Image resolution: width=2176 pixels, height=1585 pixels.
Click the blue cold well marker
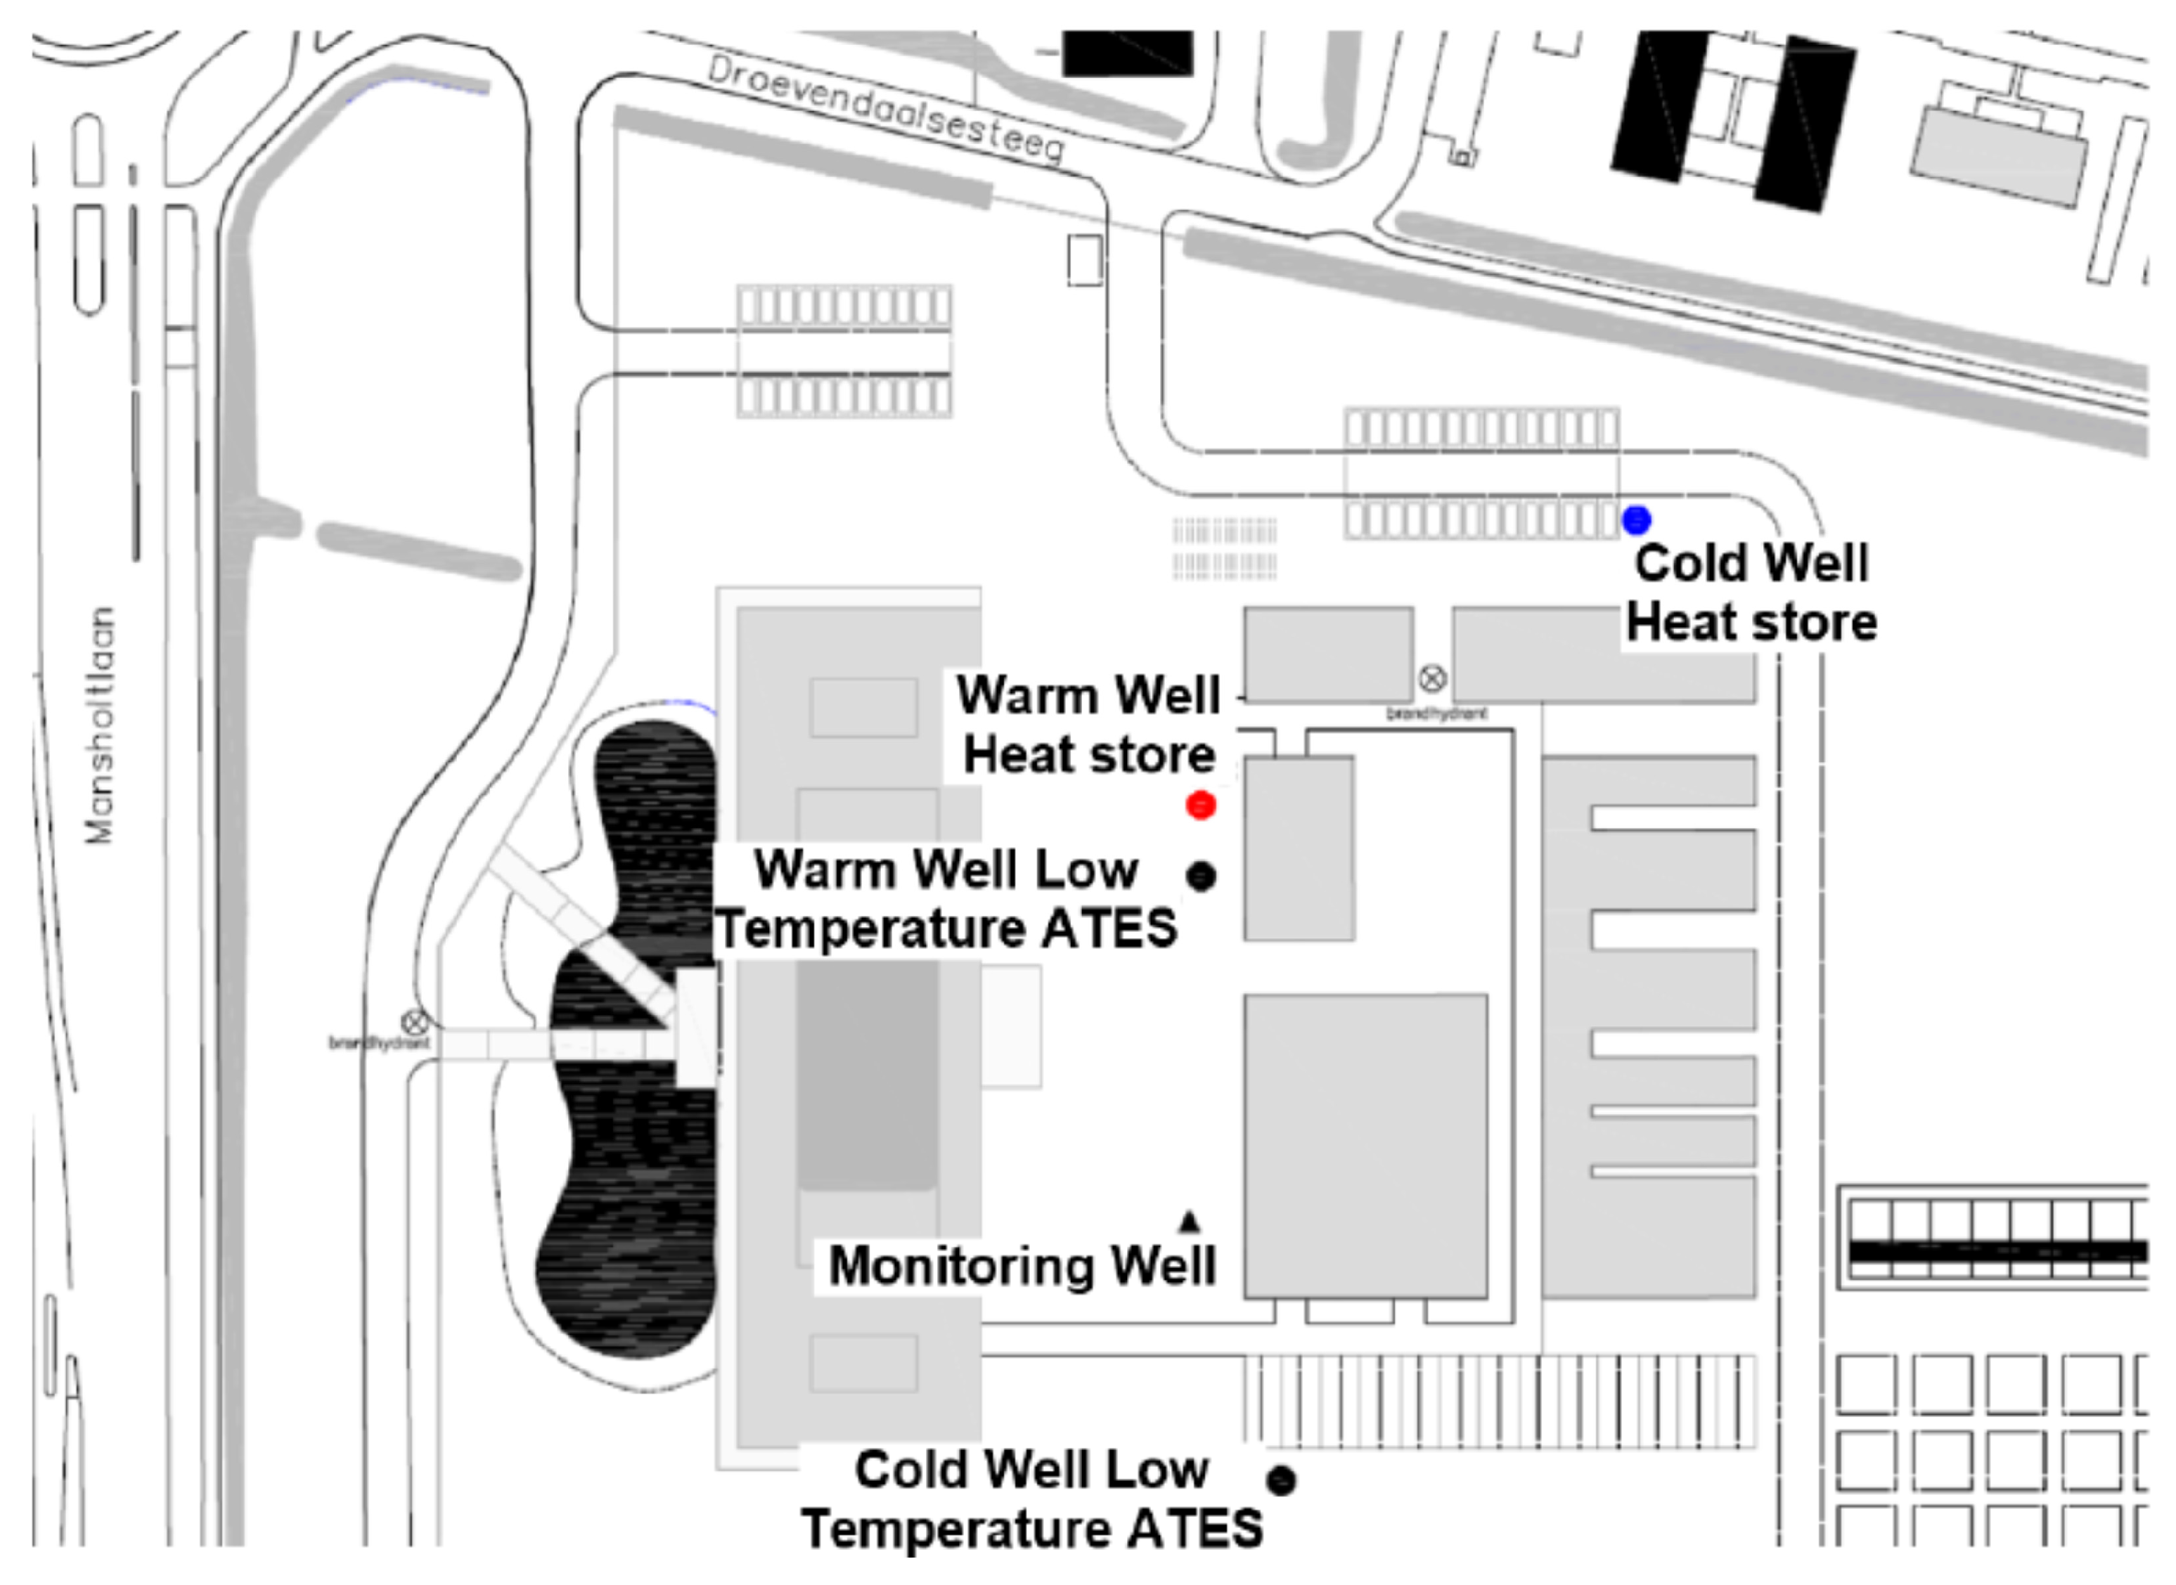[1636, 520]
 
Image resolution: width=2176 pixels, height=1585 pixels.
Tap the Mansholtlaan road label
[99, 725]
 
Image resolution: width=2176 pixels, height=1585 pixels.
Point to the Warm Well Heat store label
[1089, 725]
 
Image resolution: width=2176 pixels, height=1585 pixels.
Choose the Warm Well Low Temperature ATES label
[948, 899]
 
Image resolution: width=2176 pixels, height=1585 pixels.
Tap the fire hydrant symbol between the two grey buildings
[1431, 679]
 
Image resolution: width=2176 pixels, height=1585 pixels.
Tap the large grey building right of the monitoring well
[1365, 1146]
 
